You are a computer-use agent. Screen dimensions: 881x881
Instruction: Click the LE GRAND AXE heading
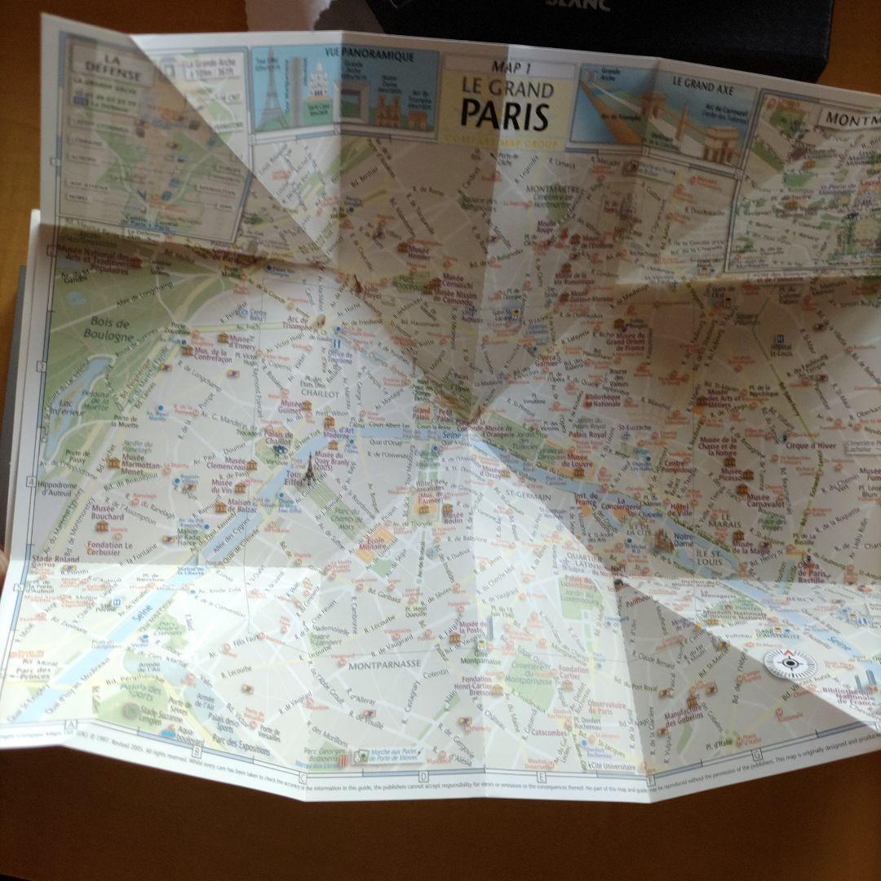pyautogui.click(x=702, y=82)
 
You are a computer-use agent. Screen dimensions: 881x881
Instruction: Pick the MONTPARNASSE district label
pyautogui.click(x=383, y=664)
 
